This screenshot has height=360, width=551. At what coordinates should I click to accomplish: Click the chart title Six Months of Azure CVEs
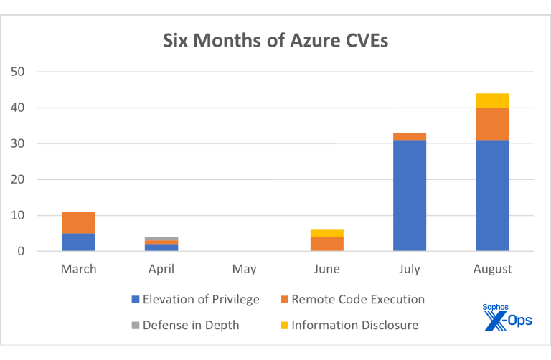click(x=275, y=40)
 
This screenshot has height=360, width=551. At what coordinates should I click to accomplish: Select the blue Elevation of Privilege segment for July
click(x=410, y=195)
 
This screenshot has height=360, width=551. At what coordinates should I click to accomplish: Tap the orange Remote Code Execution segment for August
click(x=492, y=123)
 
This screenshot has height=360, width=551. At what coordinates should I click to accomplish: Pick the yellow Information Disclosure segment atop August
click(x=492, y=100)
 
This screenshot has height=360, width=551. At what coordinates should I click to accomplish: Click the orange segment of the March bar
click(x=79, y=222)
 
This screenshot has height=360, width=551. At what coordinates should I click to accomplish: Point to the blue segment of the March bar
click(x=79, y=242)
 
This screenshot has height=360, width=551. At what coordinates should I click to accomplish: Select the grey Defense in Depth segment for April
click(x=161, y=239)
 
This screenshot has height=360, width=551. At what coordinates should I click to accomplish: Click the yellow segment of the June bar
click(x=327, y=233)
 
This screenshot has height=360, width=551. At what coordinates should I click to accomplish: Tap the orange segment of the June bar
click(x=327, y=244)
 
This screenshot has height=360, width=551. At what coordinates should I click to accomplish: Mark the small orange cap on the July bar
click(x=410, y=136)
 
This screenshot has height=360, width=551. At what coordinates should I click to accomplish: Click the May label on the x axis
click(x=245, y=270)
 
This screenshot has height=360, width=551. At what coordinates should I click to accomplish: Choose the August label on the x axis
click(x=492, y=270)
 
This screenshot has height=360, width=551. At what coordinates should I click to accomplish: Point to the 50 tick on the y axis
click(x=18, y=72)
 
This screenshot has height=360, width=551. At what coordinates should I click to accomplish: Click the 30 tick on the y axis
click(x=18, y=143)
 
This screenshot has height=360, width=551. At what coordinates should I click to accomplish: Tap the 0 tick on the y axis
click(x=22, y=251)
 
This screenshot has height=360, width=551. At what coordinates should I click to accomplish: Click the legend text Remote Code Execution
click(x=358, y=300)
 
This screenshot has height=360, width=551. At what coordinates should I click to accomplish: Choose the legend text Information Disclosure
click(x=355, y=326)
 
